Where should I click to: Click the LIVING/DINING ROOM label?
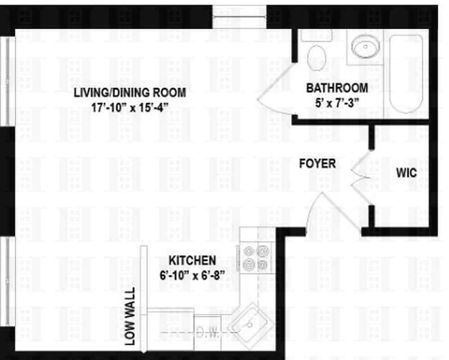[130, 93]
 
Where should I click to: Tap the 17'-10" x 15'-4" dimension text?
[130, 107]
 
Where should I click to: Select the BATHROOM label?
[337, 88]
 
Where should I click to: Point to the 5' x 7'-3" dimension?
[337, 102]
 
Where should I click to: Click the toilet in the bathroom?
[317, 57]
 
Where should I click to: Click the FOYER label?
[317, 163]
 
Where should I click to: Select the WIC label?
[406, 173]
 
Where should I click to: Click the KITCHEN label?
[192, 261]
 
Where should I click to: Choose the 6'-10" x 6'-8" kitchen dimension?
[192, 274]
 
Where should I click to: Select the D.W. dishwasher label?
[208, 333]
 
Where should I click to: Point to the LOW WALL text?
[130, 317]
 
